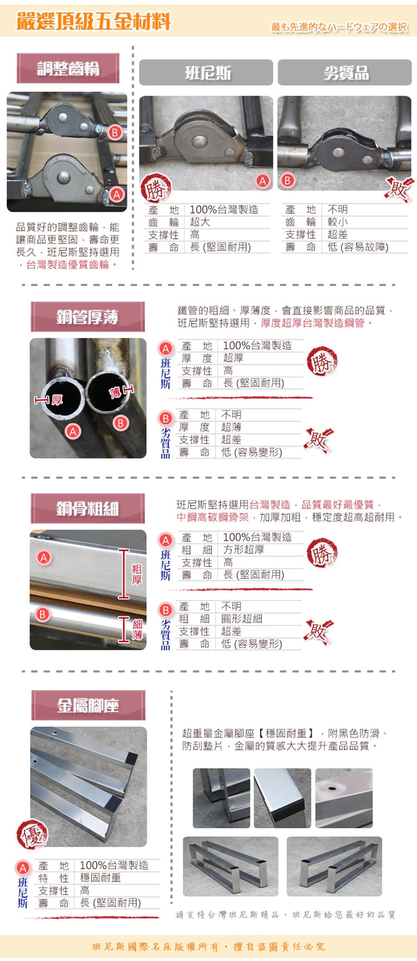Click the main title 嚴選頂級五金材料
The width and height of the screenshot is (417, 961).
pyautogui.click(x=93, y=22)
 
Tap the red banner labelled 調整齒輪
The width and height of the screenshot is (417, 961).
pyautogui.click(x=68, y=68)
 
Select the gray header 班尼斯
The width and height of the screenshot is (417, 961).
pyautogui.click(x=206, y=73)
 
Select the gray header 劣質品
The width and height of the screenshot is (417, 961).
pyautogui.click(x=345, y=73)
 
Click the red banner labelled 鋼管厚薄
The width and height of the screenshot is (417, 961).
pyautogui.click(x=87, y=317)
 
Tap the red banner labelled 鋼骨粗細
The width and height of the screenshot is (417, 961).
pyautogui.click(x=87, y=508)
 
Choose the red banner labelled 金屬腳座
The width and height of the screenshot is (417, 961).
pyautogui.click(x=88, y=705)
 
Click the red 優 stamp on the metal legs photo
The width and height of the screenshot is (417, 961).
pyautogui.click(x=32, y=835)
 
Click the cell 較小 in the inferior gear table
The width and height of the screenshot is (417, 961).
pyautogui.click(x=338, y=222)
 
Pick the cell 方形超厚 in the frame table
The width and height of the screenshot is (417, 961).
pyautogui.click(x=244, y=550)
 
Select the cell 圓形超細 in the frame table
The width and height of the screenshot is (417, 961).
pyautogui.click(x=242, y=619)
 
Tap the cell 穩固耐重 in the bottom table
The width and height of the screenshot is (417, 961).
pyautogui.click(x=100, y=878)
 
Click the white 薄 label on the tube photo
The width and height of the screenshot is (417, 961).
pyautogui.click(x=115, y=392)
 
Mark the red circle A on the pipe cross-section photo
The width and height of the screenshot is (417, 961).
pyautogui.click(x=73, y=431)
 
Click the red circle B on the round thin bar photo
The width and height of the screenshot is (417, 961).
pyautogui.click(x=42, y=614)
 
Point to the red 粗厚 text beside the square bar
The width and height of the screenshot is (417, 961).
pyautogui.click(x=137, y=574)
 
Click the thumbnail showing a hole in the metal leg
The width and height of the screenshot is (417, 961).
pyautogui.click(x=344, y=798)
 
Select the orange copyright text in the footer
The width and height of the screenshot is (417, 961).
pyautogui.click(x=209, y=947)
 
